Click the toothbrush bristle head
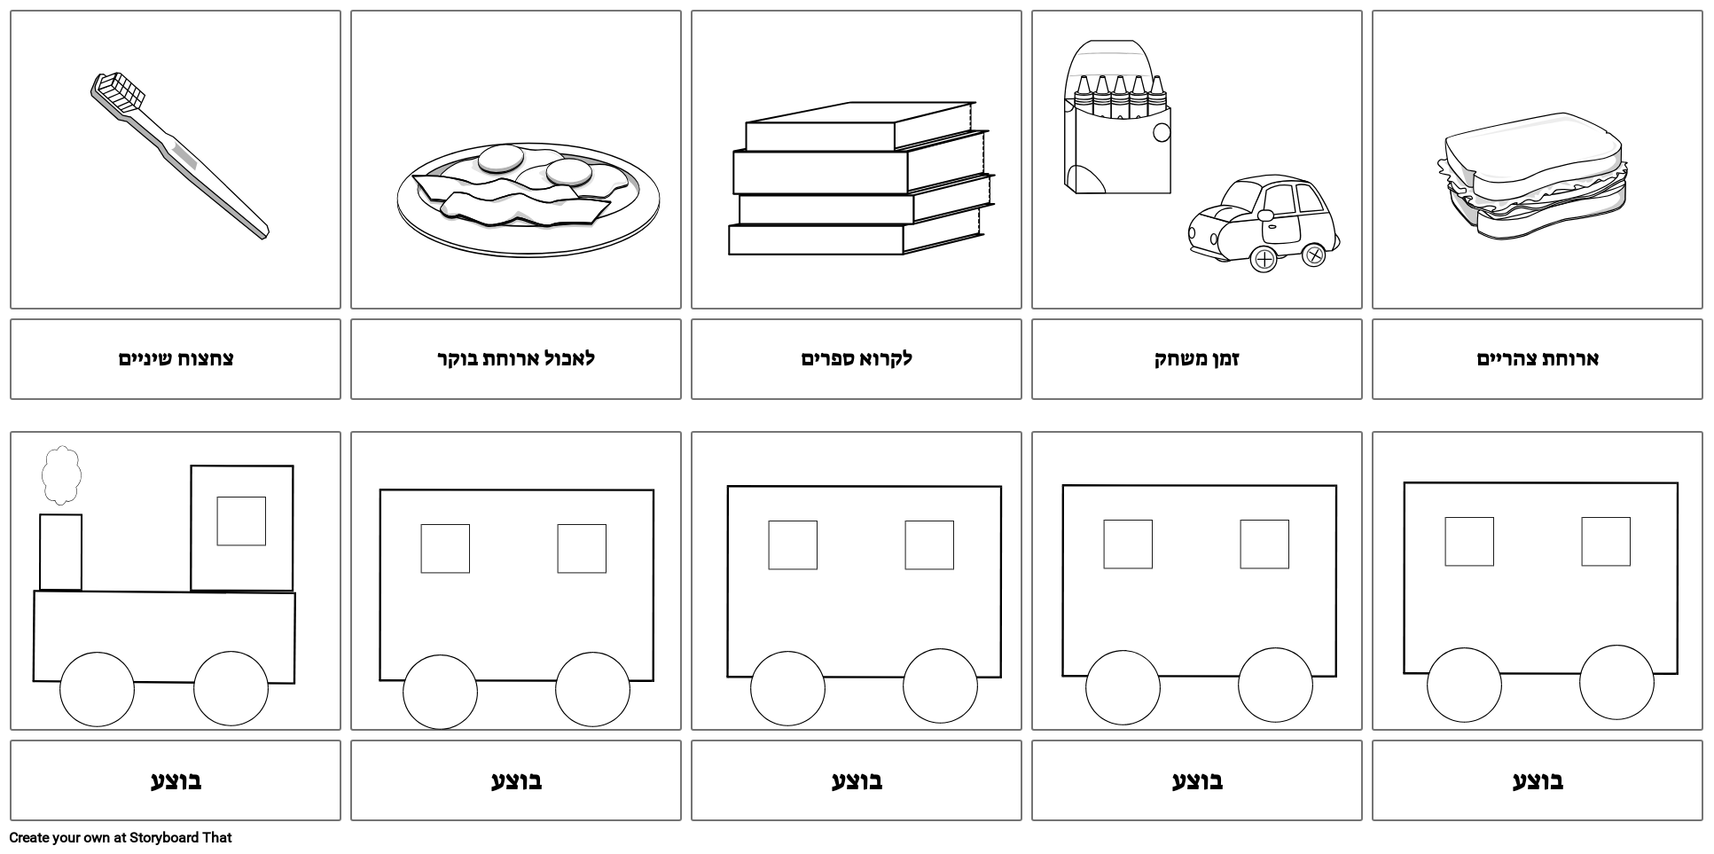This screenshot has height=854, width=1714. (118, 92)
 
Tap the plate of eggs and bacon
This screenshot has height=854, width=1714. (528, 200)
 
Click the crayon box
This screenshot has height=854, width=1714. (1117, 116)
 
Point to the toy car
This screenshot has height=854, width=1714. (1264, 223)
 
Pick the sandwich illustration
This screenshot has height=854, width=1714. (1532, 176)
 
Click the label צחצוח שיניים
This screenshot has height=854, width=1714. (176, 359)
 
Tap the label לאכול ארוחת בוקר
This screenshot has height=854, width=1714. (516, 359)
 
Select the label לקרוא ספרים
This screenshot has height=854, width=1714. (857, 359)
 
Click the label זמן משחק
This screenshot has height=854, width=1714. (1197, 359)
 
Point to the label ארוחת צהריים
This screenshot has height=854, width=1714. (1538, 359)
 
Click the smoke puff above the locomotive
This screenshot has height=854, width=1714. (61, 475)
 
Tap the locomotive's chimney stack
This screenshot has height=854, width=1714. (60, 552)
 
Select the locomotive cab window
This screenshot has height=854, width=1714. (241, 521)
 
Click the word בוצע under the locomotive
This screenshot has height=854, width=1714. (176, 781)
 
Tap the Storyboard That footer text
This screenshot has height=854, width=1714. (121, 837)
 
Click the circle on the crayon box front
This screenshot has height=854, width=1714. (1162, 133)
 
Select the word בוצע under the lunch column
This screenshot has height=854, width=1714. (1538, 781)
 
